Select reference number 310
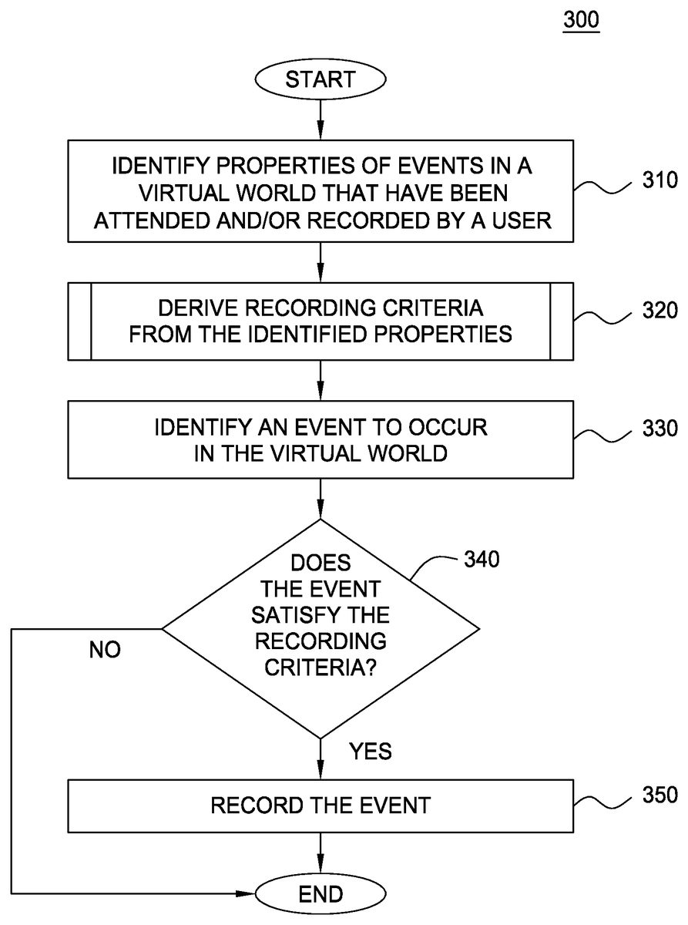tap(659, 183)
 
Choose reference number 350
tap(659, 794)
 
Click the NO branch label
tap(105, 650)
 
